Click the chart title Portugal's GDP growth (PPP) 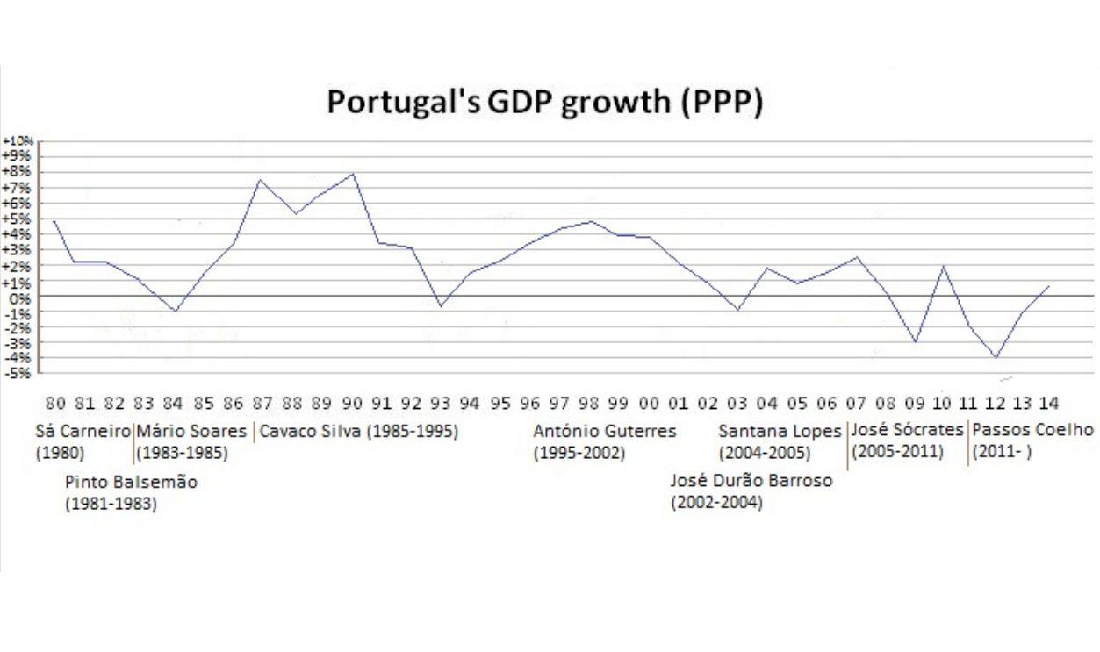coord(544,102)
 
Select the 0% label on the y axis coord(21,297)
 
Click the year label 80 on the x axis coord(54,404)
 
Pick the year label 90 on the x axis coord(353,404)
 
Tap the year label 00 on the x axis coord(649,404)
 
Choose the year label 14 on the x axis coord(1047,404)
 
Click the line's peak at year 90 coord(353,173)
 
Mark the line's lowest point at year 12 coord(996,357)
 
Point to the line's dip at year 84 coord(176,311)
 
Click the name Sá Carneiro coord(83,432)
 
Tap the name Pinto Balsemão coord(132,483)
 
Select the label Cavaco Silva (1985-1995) coord(358,432)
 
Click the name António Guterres coord(605,432)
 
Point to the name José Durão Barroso coord(751,481)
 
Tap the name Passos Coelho coord(1033,431)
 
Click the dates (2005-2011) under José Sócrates coord(897,452)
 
